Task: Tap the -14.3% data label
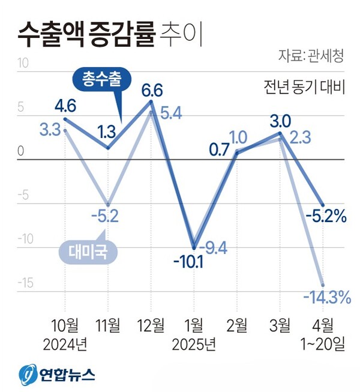pyautogui.click(x=326, y=297)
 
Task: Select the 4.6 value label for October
pyautogui.click(x=65, y=107)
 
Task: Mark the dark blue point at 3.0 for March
pyautogui.click(x=280, y=133)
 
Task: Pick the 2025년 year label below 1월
pyautogui.click(x=193, y=345)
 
